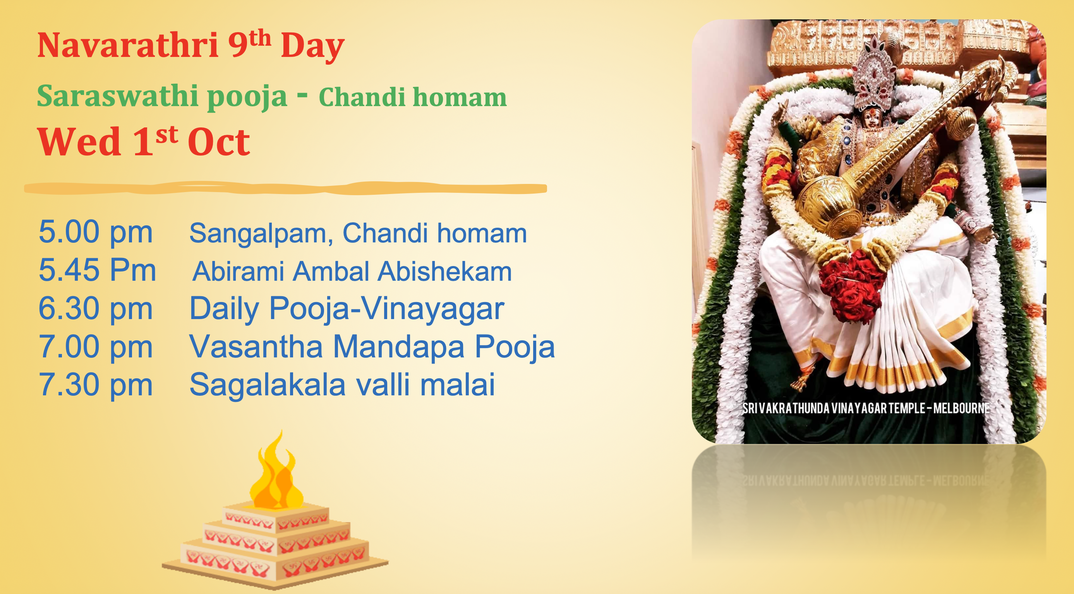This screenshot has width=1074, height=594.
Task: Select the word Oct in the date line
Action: [218, 142]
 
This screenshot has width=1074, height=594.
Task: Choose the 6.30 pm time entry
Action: [96, 309]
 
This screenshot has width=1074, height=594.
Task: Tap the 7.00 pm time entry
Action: [96, 347]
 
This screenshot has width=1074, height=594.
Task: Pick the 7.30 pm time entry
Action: [96, 385]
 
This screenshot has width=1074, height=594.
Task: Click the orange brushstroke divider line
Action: [286, 189]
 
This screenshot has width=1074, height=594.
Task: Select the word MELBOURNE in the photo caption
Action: [961, 408]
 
